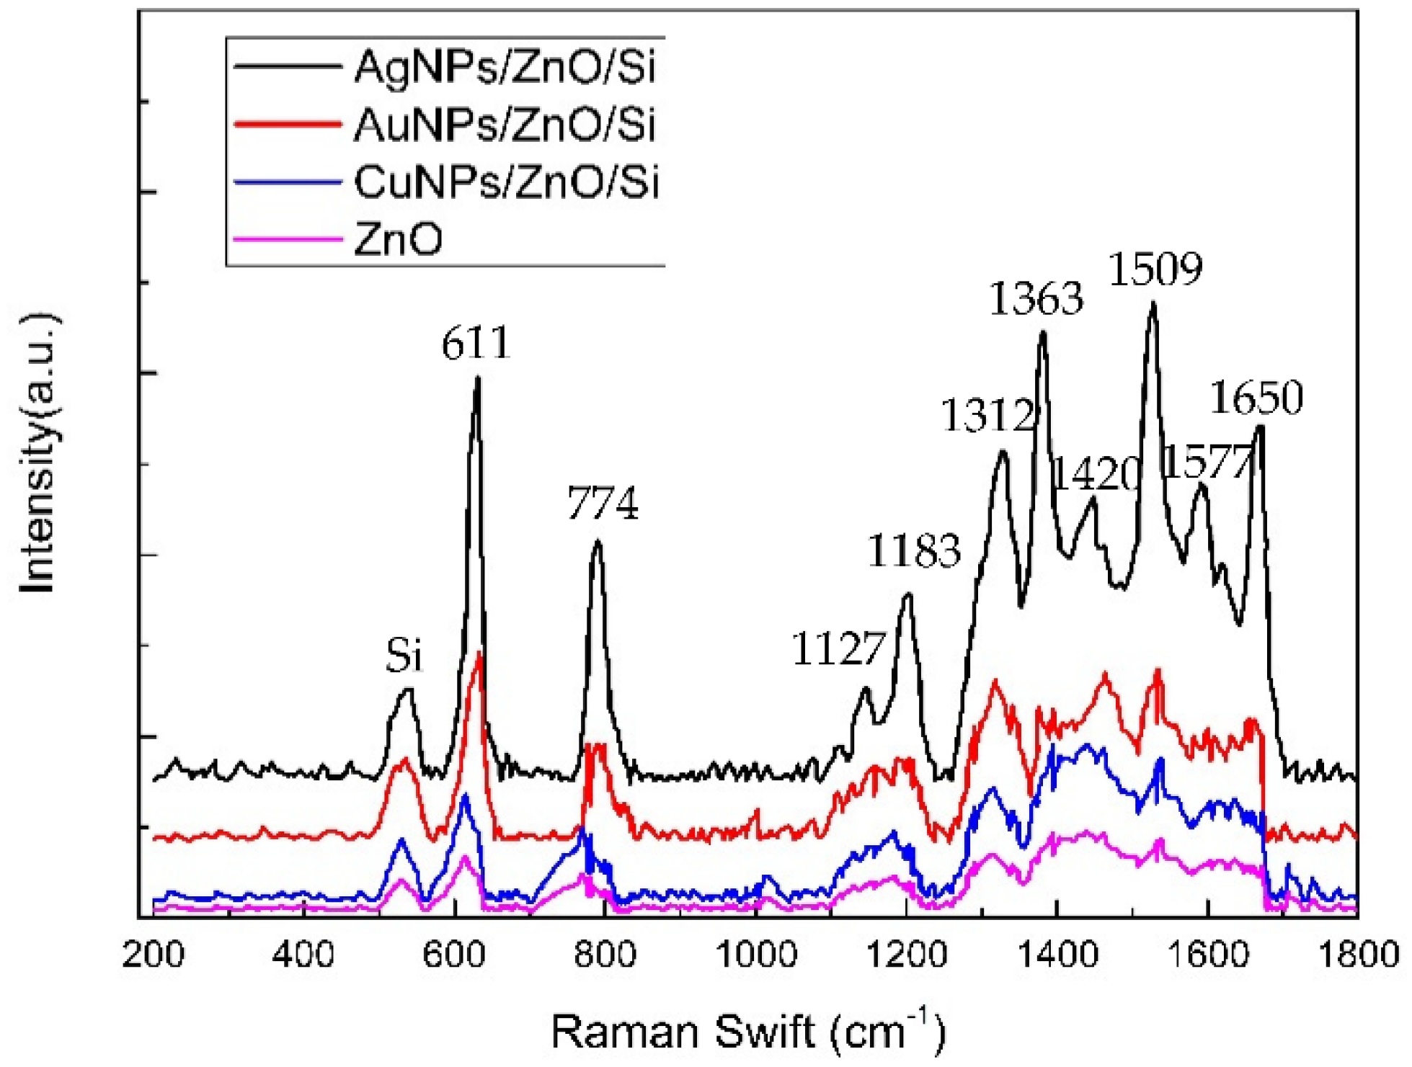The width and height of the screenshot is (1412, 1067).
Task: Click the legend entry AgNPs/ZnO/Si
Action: [505, 68]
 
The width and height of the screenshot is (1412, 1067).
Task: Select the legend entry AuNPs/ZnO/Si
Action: [505, 125]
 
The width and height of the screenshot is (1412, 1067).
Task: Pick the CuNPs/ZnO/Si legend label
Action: [506, 182]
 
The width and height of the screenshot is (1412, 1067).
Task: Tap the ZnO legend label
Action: [398, 239]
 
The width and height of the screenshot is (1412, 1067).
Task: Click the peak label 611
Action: [476, 344]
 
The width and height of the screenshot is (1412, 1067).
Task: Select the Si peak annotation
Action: [404, 656]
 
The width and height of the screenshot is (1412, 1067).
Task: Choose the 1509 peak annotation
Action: [1155, 269]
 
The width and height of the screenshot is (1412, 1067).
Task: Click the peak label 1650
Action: [1256, 398]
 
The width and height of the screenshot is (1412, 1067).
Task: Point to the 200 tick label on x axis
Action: [154, 955]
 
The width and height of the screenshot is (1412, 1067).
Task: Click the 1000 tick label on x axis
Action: [756, 955]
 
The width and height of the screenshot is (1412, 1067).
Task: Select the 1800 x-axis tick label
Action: [1358, 955]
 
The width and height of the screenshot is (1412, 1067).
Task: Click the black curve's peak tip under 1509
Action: [1153, 303]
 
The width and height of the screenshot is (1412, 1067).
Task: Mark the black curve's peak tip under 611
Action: [477, 378]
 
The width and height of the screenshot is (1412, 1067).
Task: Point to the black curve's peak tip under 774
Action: [597, 542]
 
